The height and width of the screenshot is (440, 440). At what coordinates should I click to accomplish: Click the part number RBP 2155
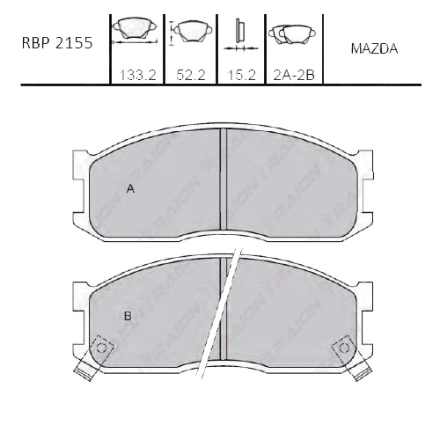click(x=57, y=43)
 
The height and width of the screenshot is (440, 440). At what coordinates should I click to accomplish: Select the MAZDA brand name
click(x=374, y=48)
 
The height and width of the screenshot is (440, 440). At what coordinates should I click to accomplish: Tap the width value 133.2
click(x=138, y=76)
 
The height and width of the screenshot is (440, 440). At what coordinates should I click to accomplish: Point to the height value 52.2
click(x=190, y=76)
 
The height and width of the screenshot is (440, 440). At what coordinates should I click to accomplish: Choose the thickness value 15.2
click(x=242, y=76)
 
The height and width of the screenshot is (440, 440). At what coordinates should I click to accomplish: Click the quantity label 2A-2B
click(x=294, y=76)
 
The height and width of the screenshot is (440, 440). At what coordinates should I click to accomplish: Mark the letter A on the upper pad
click(x=130, y=189)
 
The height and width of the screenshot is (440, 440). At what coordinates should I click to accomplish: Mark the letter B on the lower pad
click(x=128, y=316)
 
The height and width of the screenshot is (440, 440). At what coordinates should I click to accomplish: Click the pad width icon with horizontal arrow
click(x=136, y=32)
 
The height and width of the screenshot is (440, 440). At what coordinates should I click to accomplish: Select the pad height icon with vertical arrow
click(x=191, y=33)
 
